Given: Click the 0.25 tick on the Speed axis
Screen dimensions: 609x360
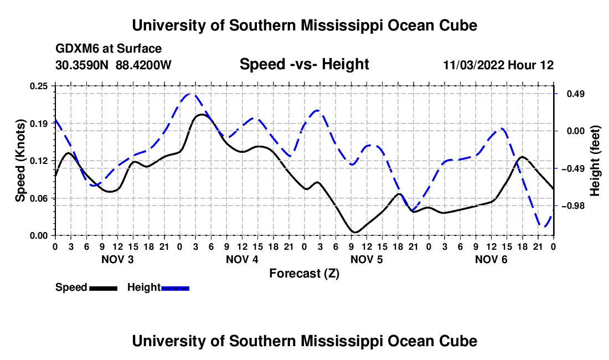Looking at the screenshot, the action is pos(38,86).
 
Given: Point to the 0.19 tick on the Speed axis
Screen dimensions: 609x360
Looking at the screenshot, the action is pos(38,124).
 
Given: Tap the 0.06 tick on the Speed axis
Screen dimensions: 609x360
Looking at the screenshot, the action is pos(38,198).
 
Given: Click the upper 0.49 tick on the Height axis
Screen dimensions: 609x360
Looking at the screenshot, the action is pos(576,94).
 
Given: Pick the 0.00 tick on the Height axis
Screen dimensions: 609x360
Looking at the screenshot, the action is pos(576,131).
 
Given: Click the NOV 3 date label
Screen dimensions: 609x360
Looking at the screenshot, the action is pos(117,259).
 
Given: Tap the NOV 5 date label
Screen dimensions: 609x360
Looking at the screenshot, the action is pos(367,259).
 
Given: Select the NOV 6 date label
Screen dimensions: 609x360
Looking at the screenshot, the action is pos(491,259).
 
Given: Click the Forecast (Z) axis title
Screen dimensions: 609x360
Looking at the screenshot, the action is pos(304,274).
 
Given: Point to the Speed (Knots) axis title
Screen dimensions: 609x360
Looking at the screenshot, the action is pos(20,161).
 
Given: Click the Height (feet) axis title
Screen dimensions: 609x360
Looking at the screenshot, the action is pos(595,161).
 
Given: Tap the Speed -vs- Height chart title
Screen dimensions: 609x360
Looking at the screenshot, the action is pos(304,64).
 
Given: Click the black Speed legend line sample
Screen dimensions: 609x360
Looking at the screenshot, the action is pos(104,288).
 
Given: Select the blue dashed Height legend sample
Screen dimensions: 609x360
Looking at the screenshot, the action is pos(175,288).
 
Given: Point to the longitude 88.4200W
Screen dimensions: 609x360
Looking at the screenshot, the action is pos(143,65).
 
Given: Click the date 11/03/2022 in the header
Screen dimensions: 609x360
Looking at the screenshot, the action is pos(474,65).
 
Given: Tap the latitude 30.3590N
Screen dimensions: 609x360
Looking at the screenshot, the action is pos(82,65).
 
